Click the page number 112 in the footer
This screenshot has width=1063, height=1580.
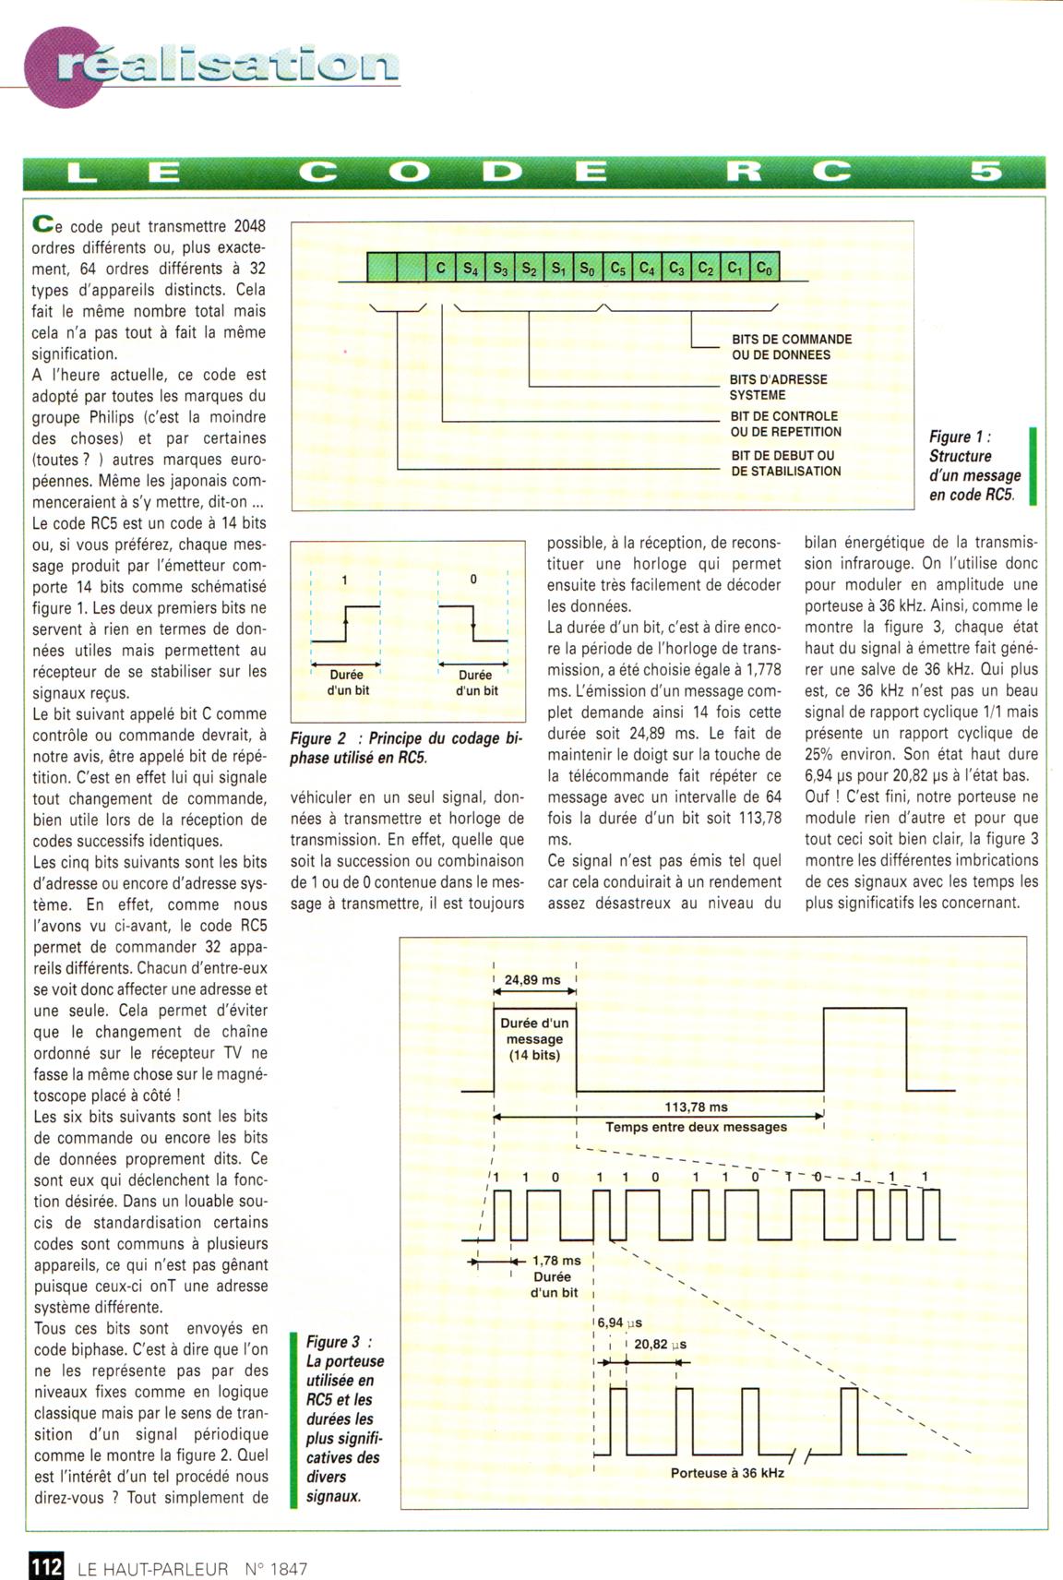click(x=45, y=1567)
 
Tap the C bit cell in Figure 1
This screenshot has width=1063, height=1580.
click(x=440, y=269)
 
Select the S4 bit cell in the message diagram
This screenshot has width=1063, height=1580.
click(x=470, y=269)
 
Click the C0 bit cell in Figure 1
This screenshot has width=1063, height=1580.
click(x=765, y=269)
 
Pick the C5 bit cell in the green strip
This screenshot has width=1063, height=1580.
click(x=617, y=269)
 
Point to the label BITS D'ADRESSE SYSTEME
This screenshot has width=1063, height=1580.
click(x=778, y=387)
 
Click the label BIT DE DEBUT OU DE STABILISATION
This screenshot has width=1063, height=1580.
click(x=785, y=463)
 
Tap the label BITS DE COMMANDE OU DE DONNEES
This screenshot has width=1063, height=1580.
click(x=791, y=347)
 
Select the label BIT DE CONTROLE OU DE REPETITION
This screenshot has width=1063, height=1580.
click(x=785, y=424)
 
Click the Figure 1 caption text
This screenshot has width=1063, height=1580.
click(x=974, y=465)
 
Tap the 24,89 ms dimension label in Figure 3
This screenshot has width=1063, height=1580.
click(x=532, y=980)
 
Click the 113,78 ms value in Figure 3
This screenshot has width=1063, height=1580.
click(x=696, y=1107)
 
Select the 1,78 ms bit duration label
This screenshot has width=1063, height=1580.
click(x=556, y=1260)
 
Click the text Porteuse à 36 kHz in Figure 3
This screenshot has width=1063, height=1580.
click(x=727, y=1473)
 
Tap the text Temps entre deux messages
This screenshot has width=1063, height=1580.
click(x=696, y=1127)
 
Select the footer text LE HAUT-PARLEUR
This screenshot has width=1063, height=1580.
click(x=153, y=1568)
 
